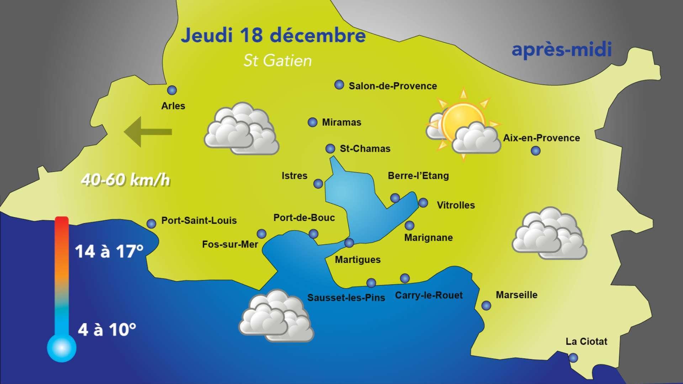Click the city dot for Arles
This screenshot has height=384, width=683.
[172, 90]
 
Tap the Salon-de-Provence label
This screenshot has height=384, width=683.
[393, 86]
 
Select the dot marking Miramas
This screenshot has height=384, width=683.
[312, 122]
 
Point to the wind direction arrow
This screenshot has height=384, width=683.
[148, 132]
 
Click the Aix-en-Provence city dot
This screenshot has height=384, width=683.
[535, 151]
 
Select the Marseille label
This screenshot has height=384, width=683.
[517, 295]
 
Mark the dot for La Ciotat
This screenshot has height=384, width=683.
[573, 358]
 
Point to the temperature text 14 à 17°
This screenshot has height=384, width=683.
[109, 251]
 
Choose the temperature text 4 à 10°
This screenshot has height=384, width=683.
[107, 330]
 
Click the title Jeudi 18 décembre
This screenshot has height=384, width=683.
[273, 36]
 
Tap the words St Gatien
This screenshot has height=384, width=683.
[277, 61]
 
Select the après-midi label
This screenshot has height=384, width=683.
[562, 49]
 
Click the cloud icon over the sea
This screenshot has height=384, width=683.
[276, 316]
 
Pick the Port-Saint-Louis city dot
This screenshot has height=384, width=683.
[152, 223]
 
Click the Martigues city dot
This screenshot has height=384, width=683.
[349, 243]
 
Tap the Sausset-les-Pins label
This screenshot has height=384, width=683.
[346, 298]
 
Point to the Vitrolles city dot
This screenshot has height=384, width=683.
[423, 203]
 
